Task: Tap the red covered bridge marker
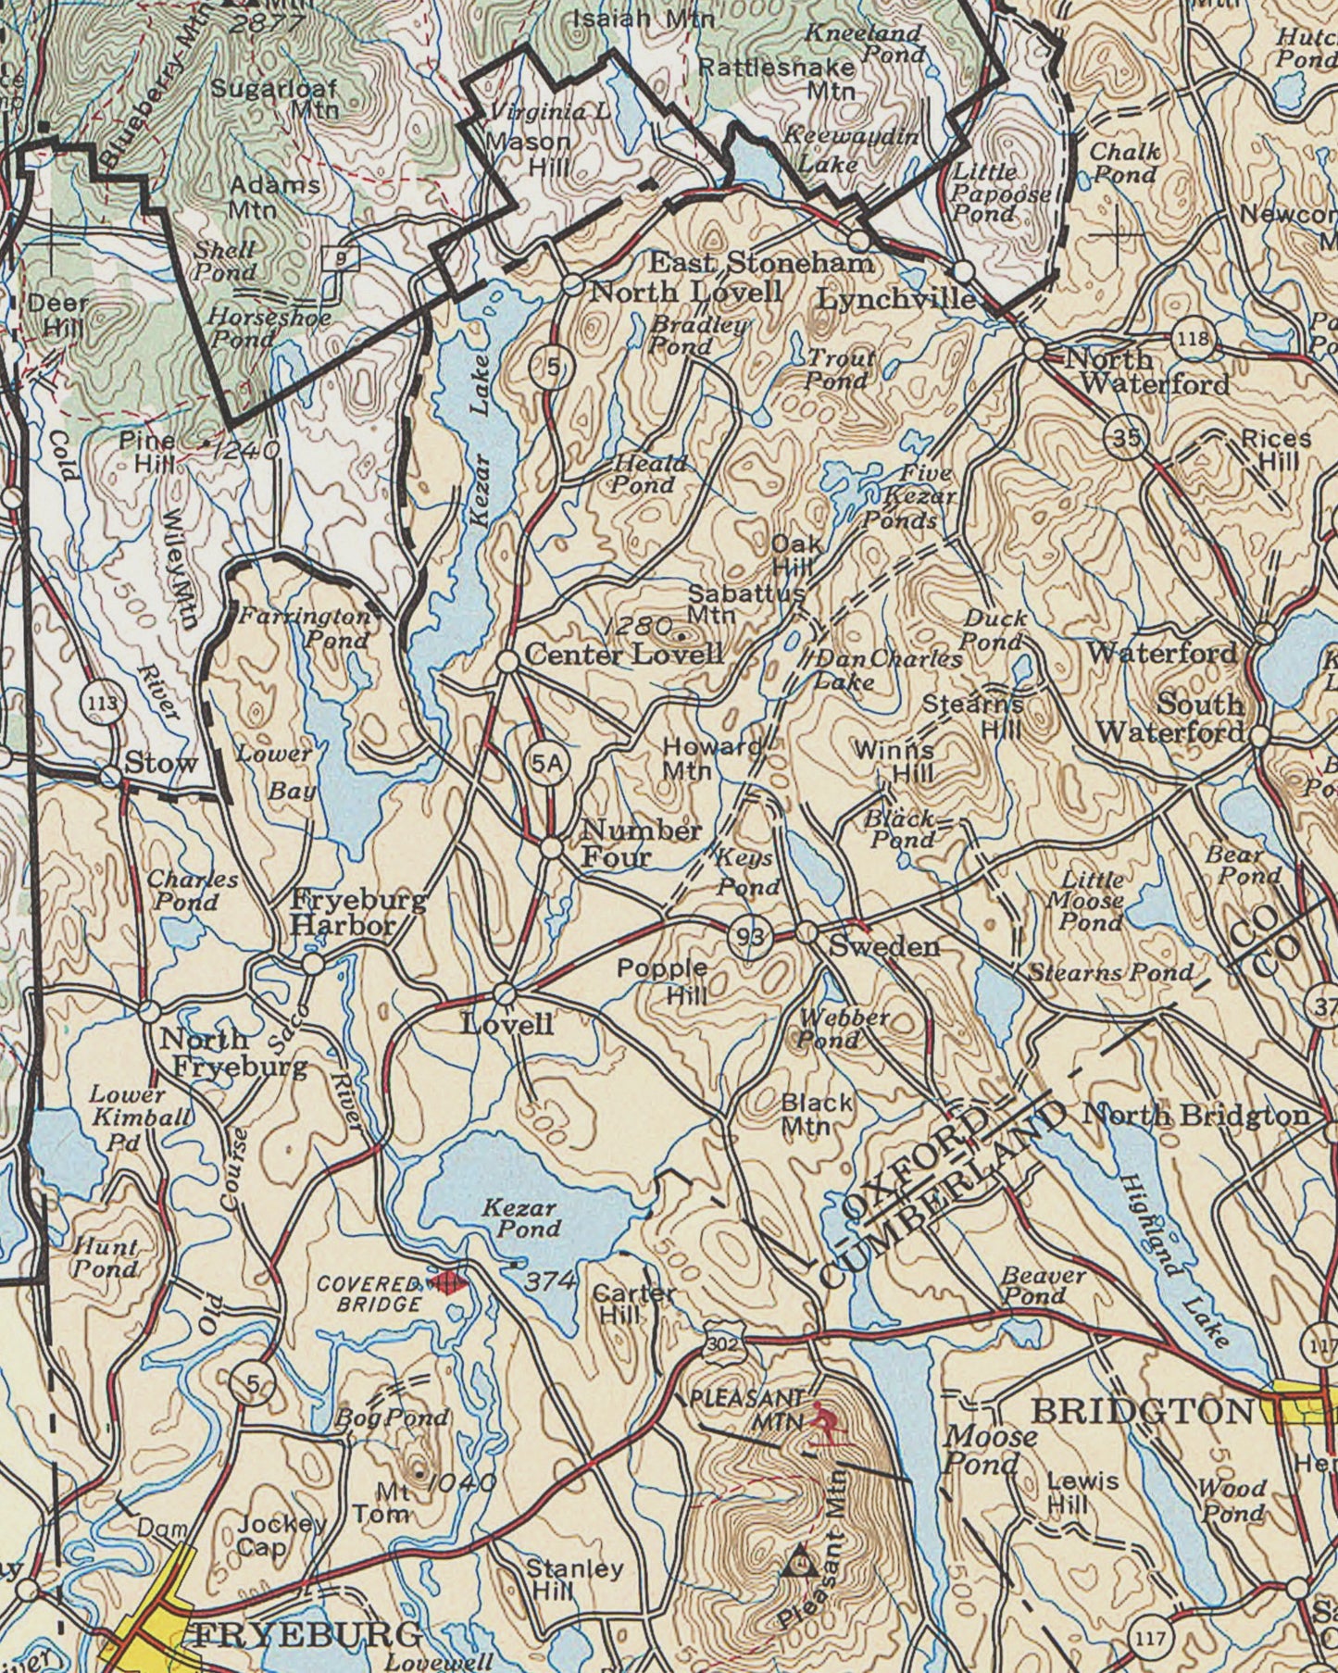(x=449, y=1281)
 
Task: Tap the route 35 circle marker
(x=1126, y=438)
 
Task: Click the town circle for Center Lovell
(x=507, y=661)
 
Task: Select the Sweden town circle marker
(x=807, y=932)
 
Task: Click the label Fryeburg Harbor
(x=358, y=911)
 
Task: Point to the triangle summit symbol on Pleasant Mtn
(x=797, y=1563)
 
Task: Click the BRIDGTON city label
(x=1141, y=1411)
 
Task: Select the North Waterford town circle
(x=1034, y=351)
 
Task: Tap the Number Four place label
(x=641, y=843)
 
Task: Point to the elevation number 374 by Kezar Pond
(x=552, y=1280)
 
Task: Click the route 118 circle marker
(x=1193, y=339)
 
